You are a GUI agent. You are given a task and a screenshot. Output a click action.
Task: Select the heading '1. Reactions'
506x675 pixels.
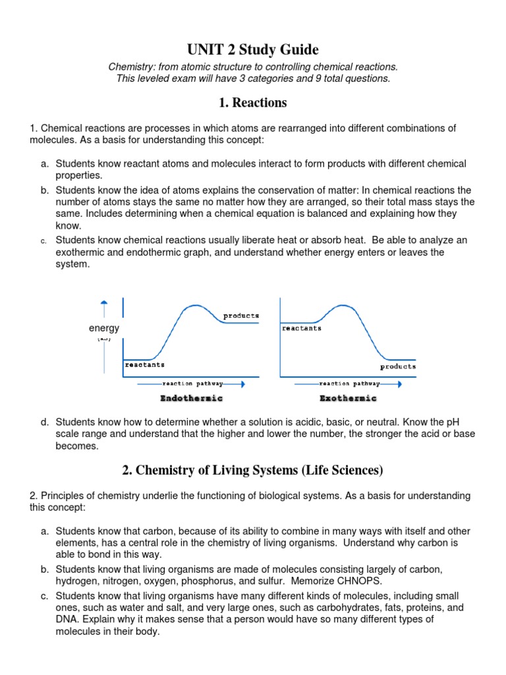[253, 102]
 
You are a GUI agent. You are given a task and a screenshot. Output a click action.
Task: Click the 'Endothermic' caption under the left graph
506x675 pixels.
[192, 398]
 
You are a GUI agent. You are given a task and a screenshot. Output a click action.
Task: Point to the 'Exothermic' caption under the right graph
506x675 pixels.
[348, 398]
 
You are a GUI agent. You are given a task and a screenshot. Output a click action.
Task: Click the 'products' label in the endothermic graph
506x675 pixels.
[241, 316]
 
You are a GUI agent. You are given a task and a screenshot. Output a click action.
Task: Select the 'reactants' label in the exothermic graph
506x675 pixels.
[302, 328]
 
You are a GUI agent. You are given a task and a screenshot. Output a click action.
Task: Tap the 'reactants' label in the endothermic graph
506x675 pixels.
[145, 364]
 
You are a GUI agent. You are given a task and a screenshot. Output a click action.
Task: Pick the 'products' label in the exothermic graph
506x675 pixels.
[398, 367]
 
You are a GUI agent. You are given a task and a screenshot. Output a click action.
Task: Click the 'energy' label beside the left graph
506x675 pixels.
[104, 328]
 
